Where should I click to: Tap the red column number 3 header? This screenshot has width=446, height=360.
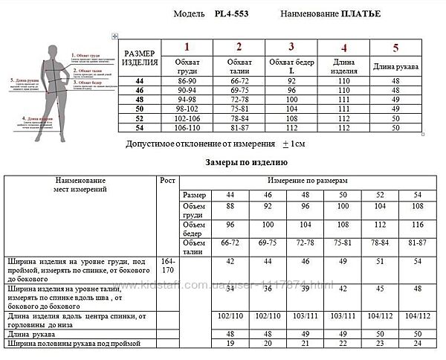click(x=291, y=47)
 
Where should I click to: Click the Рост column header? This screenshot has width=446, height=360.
click(x=169, y=180)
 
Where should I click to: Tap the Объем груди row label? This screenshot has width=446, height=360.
click(x=194, y=209)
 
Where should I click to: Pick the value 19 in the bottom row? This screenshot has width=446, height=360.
click(x=230, y=344)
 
